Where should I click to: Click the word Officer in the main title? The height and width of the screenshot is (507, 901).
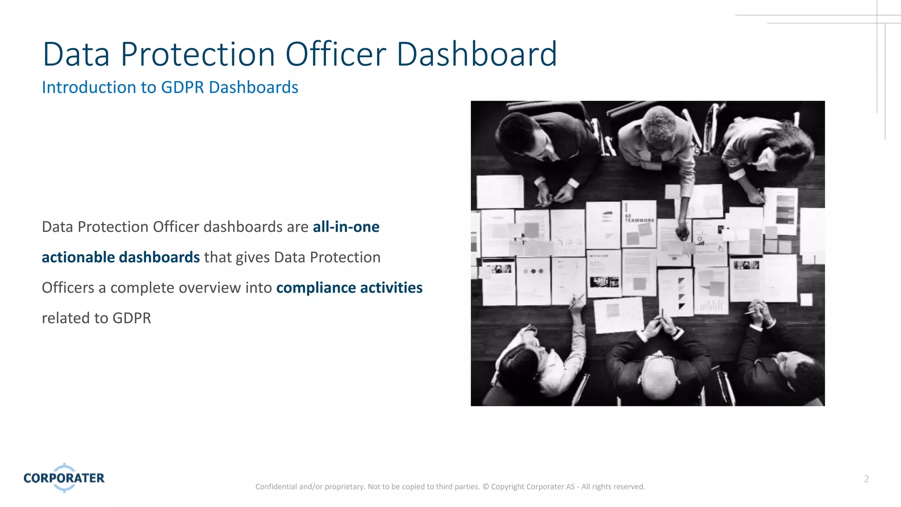pyautogui.click(x=336, y=55)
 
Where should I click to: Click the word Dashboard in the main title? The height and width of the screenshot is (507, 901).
pyautogui.click(x=476, y=55)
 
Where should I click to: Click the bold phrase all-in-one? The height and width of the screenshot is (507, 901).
pyautogui.click(x=346, y=227)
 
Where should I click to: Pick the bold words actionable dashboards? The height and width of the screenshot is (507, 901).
pyautogui.click(x=121, y=257)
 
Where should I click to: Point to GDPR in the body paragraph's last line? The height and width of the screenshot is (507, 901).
pyautogui.click(x=132, y=318)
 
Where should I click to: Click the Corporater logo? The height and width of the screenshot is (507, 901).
pyautogui.click(x=64, y=478)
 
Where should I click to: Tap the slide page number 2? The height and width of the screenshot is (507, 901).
pyautogui.click(x=866, y=479)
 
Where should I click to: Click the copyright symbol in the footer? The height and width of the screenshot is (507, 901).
pyautogui.click(x=486, y=487)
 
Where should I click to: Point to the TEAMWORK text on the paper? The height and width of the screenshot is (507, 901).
pyautogui.click(x=639, y=220)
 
